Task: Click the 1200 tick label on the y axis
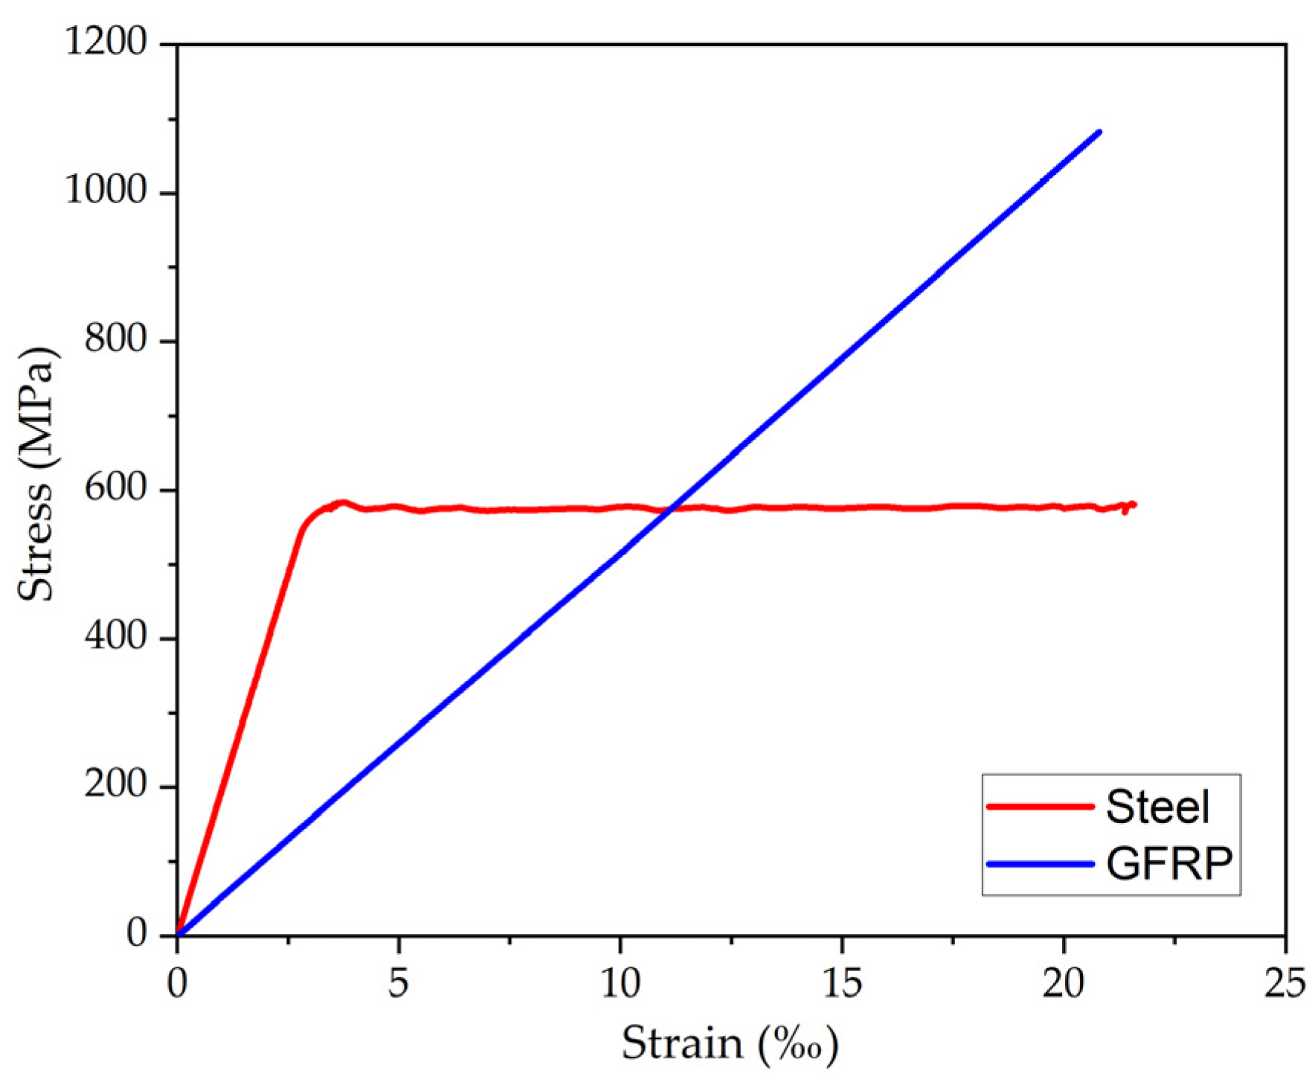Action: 107,42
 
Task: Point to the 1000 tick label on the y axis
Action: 107,191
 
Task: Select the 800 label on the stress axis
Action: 116,339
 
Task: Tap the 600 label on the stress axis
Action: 116,488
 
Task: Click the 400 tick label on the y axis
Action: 116,637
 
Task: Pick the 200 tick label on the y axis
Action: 116,785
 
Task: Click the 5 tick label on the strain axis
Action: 399,984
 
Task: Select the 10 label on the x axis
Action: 620,984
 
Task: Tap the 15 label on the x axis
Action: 842,984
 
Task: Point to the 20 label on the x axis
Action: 1064,984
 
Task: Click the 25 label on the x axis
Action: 1285,984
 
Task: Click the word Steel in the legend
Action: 1157,807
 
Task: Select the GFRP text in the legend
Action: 1169,864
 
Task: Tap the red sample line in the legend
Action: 1040,807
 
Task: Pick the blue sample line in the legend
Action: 1040,864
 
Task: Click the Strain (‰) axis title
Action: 730,1044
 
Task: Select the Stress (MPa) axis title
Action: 36,473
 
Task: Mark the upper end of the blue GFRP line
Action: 1099,132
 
